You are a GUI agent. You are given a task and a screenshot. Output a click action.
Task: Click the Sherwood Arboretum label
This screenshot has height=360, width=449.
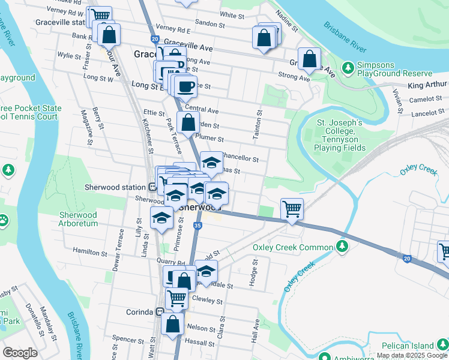pos(78,219)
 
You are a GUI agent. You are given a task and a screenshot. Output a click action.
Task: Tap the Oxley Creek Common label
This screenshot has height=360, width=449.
pos(292,247)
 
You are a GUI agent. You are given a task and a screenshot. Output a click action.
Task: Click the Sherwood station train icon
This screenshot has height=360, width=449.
pos(153,187)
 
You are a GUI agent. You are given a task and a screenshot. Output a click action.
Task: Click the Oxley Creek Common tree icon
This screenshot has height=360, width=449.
pos(342,247)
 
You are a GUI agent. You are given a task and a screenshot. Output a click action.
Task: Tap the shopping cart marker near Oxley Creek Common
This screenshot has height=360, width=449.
pos(292,209)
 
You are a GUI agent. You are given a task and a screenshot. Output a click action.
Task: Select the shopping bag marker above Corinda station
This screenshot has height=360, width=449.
pos(173,323)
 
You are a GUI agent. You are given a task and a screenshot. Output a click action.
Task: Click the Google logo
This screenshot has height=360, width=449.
pos(20,353)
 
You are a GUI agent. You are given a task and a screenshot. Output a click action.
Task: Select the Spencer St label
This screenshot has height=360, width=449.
pos(128,339)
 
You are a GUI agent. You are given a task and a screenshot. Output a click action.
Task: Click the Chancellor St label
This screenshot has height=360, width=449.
pos(240,159)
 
